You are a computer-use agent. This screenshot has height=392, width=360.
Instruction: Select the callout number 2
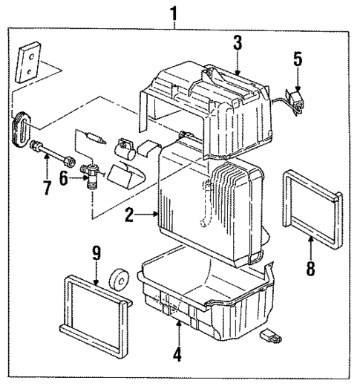tap(130, 216)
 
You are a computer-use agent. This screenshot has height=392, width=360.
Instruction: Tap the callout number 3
tap(236, 43)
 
